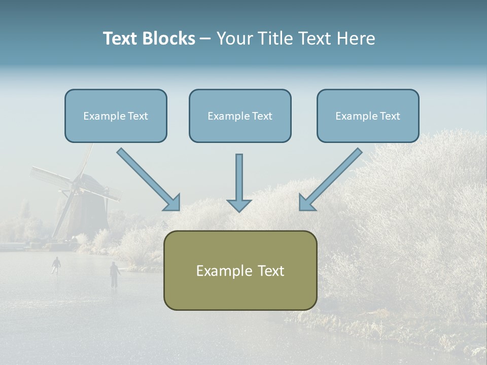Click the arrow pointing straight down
click(x=239, y=182)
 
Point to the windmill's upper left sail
click(x=51, y=177)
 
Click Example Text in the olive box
click(x=240, y=271)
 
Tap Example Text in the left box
click(x=116, y=116)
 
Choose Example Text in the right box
click(x=368, y=116)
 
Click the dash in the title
click(x=205, y=39)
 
